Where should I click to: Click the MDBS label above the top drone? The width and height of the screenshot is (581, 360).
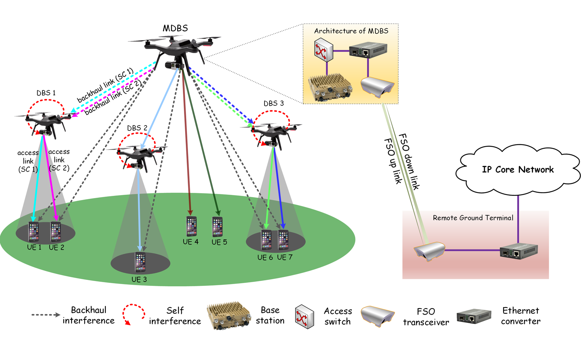point(175,28)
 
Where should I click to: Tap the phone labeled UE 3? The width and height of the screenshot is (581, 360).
point(140,262)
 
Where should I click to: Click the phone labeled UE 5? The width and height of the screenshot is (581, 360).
point(218,227)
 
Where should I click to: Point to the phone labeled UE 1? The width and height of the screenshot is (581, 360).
point(34,232)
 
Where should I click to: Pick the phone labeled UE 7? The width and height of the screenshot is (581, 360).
point(283,240)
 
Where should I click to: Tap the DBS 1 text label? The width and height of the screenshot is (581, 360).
point(46,93)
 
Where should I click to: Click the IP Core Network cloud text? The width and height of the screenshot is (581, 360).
point(518,170)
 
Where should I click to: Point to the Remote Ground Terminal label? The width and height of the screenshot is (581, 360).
point(473,218)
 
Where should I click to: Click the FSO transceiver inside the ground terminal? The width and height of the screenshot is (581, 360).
point(429,251)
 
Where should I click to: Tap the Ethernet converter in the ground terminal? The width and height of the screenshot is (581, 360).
point(518,252)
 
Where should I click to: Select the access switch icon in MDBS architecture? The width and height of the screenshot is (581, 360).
point(323,50)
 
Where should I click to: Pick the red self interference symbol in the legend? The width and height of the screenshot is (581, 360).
point(133,314)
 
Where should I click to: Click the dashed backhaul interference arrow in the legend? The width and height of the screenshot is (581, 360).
point(46,315)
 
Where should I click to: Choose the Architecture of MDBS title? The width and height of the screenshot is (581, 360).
point(351,31)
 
